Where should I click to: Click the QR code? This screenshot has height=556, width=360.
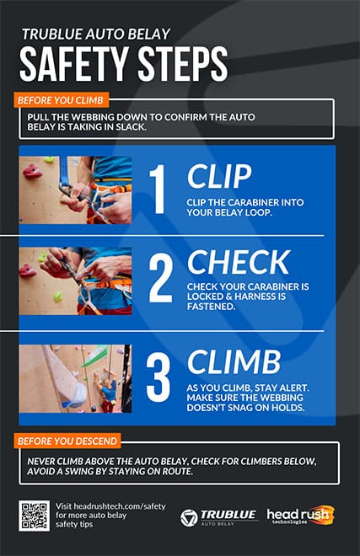point(34,516)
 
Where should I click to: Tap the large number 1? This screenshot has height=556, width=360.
point(159,189)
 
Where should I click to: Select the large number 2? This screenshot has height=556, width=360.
point(160,278)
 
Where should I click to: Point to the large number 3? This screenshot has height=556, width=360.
point(159,379)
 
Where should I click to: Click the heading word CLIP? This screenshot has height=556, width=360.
point(219,177)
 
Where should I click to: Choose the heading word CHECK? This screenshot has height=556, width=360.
point(239,262)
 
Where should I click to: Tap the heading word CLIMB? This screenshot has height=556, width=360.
point(234,362)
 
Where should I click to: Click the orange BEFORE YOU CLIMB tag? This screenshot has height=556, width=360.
point(61,100)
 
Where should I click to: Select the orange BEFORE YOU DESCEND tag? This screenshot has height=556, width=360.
point(67,441)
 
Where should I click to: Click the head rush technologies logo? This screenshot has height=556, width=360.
point(300,516)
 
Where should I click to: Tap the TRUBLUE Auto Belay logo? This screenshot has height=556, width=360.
point(218,518)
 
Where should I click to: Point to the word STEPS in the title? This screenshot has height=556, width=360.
point(183,64)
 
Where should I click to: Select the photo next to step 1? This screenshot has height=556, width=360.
point(76,190)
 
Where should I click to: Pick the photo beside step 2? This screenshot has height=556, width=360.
point(76,281)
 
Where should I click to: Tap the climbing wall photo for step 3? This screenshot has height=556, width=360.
point(76,379)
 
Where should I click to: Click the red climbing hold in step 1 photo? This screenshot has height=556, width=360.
point(32,172)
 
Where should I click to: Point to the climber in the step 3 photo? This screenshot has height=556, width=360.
point(106,390)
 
